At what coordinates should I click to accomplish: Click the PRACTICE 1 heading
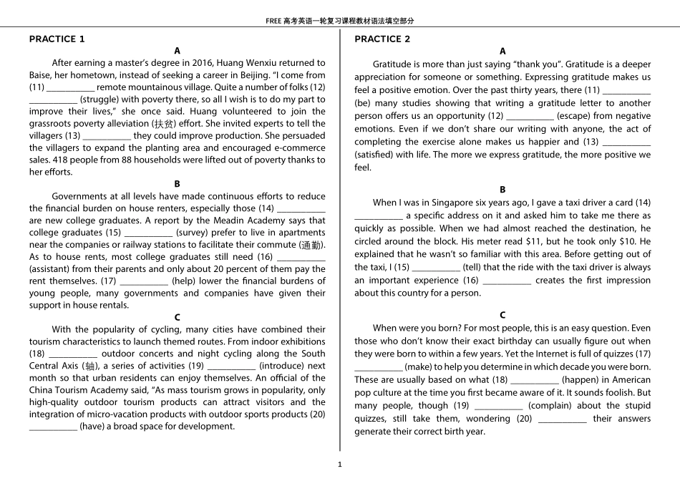pos(57,39)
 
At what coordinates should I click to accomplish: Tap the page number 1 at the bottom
pos(340,465)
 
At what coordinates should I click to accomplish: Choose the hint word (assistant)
pos(52,269)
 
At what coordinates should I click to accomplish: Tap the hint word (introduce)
pos(283,366)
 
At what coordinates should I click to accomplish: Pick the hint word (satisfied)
pos(374,155)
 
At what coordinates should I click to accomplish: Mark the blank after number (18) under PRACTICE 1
pos(73,354)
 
